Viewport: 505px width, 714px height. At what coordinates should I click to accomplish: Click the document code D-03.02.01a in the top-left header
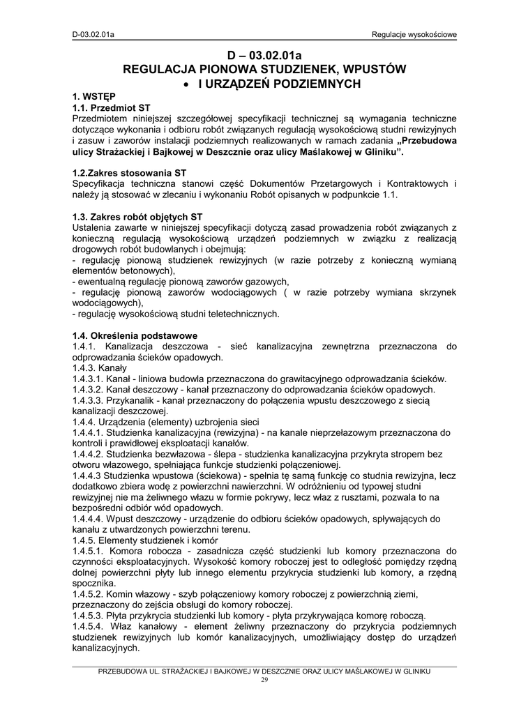click(x=93, y=33)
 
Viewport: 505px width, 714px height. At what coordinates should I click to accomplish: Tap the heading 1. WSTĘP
click(x=94, y=98)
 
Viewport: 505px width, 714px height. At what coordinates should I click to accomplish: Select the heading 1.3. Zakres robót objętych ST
click(x=137, y=216)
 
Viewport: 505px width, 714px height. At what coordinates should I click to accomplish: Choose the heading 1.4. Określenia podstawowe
click(x=135, y=335)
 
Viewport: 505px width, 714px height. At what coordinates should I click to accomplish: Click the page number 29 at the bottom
click(x=264, y=679)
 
